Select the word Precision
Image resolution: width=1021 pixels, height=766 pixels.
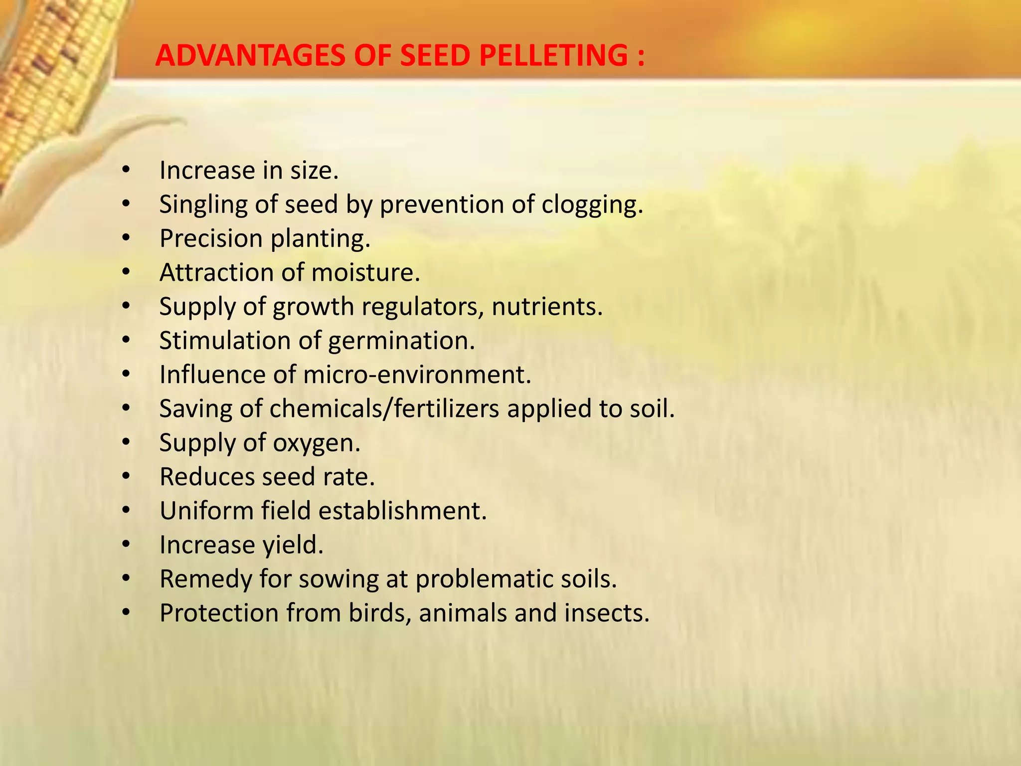[x=211, y=238]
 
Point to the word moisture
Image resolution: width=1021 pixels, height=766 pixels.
[x=365, y=273]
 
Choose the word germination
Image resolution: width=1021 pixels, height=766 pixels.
[x=401, y=341]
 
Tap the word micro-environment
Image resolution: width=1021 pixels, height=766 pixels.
[x=417, y=375]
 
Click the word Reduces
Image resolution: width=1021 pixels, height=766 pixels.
[x=207, y=477]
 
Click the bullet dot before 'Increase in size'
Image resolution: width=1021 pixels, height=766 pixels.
[x=126, y=171]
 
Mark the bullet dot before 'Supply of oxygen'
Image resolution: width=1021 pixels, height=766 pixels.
[x=126, y=442]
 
